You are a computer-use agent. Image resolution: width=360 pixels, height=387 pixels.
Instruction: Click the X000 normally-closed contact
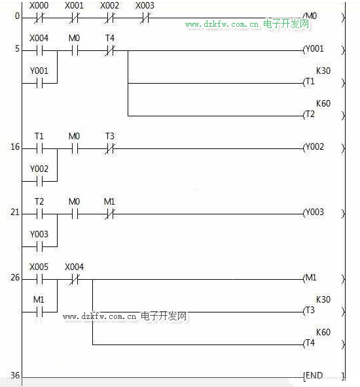tap(39, 18)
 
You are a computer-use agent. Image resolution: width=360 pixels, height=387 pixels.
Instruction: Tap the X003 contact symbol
tap(145, 18)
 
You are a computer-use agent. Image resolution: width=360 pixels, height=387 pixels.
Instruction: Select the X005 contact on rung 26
tap(39, 280)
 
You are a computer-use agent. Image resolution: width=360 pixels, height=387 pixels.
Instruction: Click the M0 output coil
tap(323, 17)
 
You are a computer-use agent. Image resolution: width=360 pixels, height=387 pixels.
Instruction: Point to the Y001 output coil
tap(323, 50)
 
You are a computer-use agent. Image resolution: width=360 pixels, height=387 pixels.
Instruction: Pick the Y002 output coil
tap(323, 148)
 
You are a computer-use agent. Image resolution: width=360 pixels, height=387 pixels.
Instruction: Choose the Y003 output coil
tap(323, 213)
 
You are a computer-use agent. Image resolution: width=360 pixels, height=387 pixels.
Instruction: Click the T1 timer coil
tap(323, 82)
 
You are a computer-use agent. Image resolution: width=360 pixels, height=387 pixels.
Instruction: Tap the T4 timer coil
tap(323, 344)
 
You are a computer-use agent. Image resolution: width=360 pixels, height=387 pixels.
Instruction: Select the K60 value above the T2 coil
tap(323, 103)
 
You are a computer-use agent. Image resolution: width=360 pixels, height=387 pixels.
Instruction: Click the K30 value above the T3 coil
tap(323, 299)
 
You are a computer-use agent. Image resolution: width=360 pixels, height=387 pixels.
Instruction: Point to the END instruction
tap(324, 376)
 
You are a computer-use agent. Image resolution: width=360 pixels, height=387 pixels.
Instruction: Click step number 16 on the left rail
tap(15, 147)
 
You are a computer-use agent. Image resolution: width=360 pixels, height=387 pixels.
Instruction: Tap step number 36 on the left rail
tap(15, 375)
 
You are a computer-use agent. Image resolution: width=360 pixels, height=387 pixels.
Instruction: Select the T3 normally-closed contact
tap(109, 149)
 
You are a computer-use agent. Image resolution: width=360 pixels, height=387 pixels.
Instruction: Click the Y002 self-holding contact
tap(39, 182)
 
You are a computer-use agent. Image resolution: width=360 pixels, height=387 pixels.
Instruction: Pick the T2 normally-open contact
tap(39, 214)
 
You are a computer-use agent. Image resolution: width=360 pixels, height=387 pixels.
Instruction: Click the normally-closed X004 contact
tap(75, 280)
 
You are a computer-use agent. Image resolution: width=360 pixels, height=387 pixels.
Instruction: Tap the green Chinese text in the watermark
tap(286, 24)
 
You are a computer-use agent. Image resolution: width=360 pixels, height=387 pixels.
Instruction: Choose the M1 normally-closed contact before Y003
tap(109, 214)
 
